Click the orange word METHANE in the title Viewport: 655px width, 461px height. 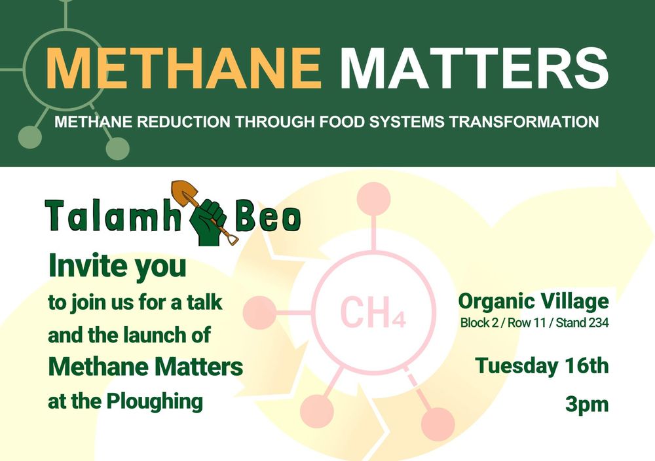point(183,67)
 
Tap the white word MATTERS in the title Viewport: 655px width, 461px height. point(474,67)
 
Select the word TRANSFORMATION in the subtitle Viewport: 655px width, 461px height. point(524,122)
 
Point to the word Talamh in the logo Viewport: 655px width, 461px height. point(113,216)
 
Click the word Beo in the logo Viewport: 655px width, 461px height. point(268,216)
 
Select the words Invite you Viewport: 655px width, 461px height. point(117,267)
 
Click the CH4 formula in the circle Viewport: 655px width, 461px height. point(373,312)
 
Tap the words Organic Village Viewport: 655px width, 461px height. point(533,301)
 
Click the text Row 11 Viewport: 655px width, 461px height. point(527,323)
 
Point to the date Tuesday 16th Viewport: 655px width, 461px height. point(542,366)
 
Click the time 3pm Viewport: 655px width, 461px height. point(587,404)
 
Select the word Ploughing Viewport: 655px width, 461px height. point(155,401)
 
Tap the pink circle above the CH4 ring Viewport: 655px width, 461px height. point(374,199)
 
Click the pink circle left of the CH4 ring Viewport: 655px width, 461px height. point(259,313)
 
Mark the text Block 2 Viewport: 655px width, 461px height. point(479,323)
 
